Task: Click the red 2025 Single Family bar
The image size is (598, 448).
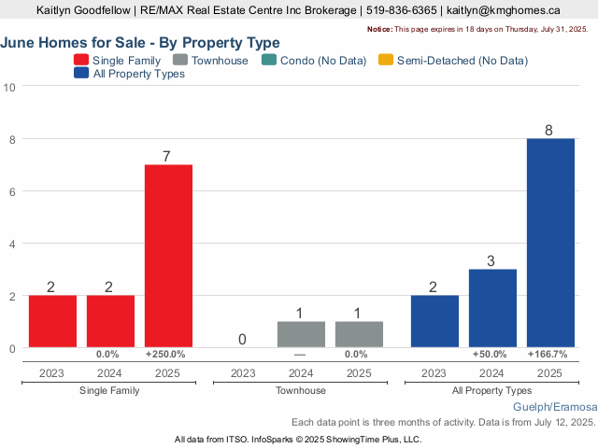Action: tap(168, 256)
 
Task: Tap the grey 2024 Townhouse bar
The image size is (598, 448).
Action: tap(301, 334)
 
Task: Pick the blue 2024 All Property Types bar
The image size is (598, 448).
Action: tap(492, 308)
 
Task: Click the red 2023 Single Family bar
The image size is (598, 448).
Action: tap(52, 321)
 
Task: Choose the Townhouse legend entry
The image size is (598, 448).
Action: tap(210, 60)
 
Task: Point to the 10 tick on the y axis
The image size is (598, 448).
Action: tap(10, 87)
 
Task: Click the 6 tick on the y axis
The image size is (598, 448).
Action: tap(10, 191)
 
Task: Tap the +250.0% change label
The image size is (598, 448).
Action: tap(165, 355)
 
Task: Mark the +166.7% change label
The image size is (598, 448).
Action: tap(548, 355)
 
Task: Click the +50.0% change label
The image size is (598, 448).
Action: tap(490, 355)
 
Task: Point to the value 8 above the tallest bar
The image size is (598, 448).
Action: tap(549, 130)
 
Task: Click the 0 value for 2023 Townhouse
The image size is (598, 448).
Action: tap(242, 340)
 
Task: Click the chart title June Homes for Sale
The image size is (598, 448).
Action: tap(140, 43)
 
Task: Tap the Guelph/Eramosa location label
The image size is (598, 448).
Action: tap(554, 408)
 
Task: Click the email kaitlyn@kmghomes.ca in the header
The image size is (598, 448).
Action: tap(504, 10)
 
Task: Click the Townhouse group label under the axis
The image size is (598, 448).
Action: tap(300, 390)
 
